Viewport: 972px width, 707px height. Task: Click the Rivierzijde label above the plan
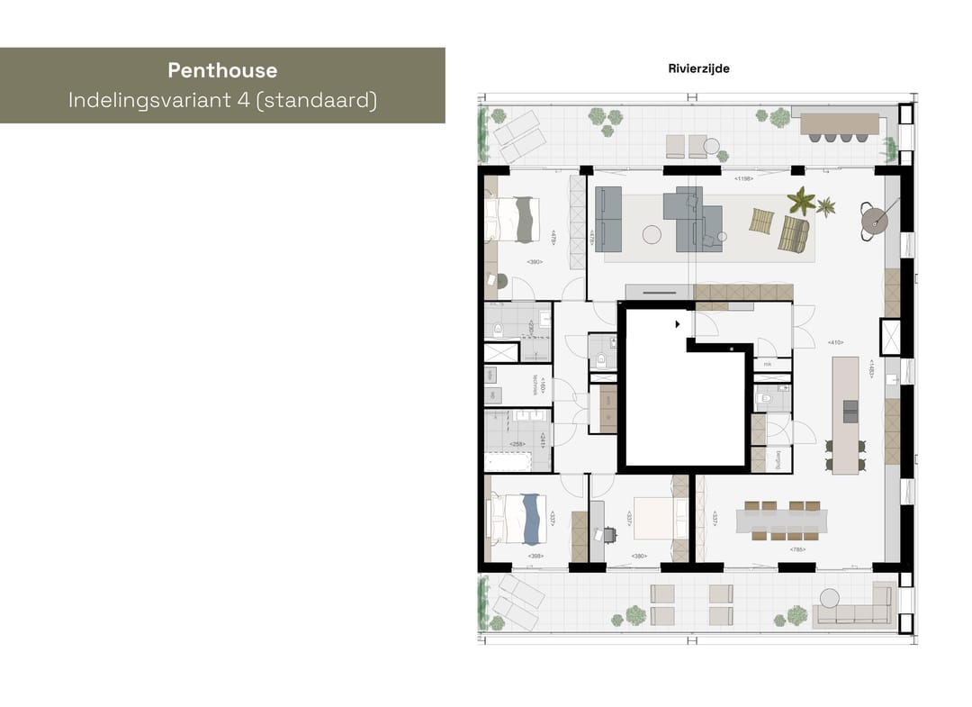(x=698, y=68)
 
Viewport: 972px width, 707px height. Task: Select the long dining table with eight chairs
(x=780, y=521)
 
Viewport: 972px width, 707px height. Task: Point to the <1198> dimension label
(x=743, y=179)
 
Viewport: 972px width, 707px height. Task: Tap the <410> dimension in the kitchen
(x=834, y=342)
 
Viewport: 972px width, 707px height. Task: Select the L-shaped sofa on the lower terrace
(x=853, y=612)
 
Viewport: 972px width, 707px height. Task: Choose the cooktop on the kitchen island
(x=850, y=411)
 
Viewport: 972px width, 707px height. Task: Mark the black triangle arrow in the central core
(x=677, y=324)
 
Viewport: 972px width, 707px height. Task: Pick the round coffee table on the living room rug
(x=652, y=235)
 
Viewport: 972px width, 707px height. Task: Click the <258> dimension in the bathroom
(x=517, y=444)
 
